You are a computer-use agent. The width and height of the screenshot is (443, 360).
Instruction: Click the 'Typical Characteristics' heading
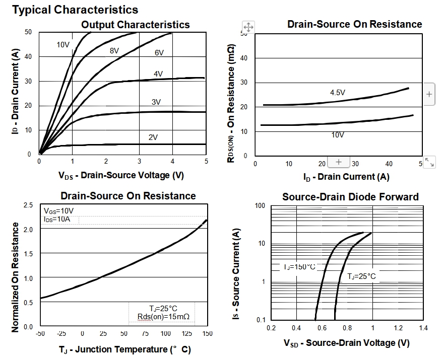pyautogui.click(x=75, y=9)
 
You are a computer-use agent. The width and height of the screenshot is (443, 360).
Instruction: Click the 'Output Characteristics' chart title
pyautogui.click(x=136, y=25)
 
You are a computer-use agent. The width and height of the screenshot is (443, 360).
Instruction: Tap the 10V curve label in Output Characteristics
pyautogui.click(x=63, y=45)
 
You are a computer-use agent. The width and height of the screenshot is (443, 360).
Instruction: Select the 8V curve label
pyautogui.click(x=114, y=51)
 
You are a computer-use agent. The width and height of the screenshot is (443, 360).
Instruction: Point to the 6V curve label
pyautogui.click(x=160, y=53)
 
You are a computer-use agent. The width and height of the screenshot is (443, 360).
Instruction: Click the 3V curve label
pyautogui.click(x=156, y=102)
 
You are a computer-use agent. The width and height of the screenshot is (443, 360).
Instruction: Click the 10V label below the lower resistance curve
pyautogui.click(x=337, y=135)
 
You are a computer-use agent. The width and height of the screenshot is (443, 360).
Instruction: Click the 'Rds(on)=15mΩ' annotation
pyautogui.click(x=163, y=316)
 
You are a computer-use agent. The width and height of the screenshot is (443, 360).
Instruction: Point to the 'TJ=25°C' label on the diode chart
pyautogui.click(x=361, y=276)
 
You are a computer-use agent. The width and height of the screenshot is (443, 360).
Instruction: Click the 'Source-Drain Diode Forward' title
pyautogui.click(x=350, y=197)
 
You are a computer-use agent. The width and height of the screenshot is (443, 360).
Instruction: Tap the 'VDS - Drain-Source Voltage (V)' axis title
pyautogui.click(x=121, y=175)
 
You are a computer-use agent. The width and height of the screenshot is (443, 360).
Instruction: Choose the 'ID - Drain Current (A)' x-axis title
pyautogui.click(x=346, y=177)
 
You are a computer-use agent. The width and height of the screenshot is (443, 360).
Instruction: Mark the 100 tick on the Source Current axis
pyautogui.click(x=260, y=205)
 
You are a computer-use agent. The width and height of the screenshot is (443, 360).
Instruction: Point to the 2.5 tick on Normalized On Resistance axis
pyautogui.click(x=28, y=205)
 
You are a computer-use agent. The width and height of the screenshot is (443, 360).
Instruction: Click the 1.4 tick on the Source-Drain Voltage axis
pyautogui.click(x=423, y=328)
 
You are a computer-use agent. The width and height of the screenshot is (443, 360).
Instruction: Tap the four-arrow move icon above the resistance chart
pyautogui.click(x=248, y=27)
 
